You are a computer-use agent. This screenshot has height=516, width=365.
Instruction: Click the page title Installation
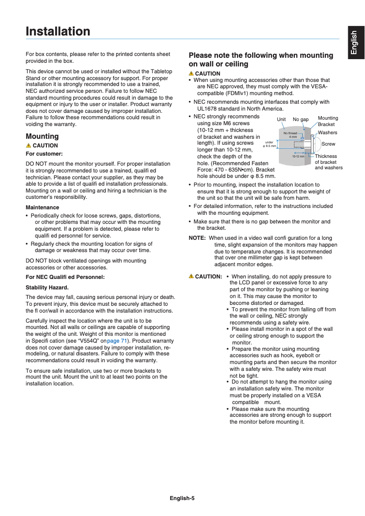pos(58,31)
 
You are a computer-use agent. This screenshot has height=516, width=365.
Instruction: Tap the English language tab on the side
pos(355,44)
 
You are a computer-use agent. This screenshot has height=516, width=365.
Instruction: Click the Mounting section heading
pos(42,136)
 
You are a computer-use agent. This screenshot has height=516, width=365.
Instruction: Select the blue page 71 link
pos(117,340)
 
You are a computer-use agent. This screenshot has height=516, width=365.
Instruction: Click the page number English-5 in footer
pos(182,498)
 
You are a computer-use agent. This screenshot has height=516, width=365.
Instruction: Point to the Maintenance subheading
pos(42,207)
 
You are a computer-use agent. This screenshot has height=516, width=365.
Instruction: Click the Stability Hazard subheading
pos(47,288)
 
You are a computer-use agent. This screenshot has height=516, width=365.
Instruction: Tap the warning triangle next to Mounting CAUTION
pos(28,146)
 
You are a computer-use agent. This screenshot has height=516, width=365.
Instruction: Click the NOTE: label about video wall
pos(197,238)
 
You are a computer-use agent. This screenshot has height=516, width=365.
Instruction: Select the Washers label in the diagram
pos(327,132)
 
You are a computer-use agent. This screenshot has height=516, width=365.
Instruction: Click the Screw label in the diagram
pos(328,144)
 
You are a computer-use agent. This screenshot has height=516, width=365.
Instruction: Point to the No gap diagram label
pos(300,120)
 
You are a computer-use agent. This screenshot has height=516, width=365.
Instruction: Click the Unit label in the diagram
pos(281,120)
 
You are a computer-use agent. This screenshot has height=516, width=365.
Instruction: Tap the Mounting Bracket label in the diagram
pos(328,121)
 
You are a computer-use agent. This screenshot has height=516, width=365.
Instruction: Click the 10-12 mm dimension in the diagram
pos(298,157)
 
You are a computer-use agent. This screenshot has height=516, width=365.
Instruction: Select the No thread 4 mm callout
pos(290,135)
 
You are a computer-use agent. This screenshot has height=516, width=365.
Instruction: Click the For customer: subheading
pos(44,154)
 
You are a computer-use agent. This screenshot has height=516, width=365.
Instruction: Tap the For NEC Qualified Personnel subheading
pos(65,277)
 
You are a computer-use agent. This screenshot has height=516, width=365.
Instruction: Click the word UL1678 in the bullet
pos(208,109)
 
